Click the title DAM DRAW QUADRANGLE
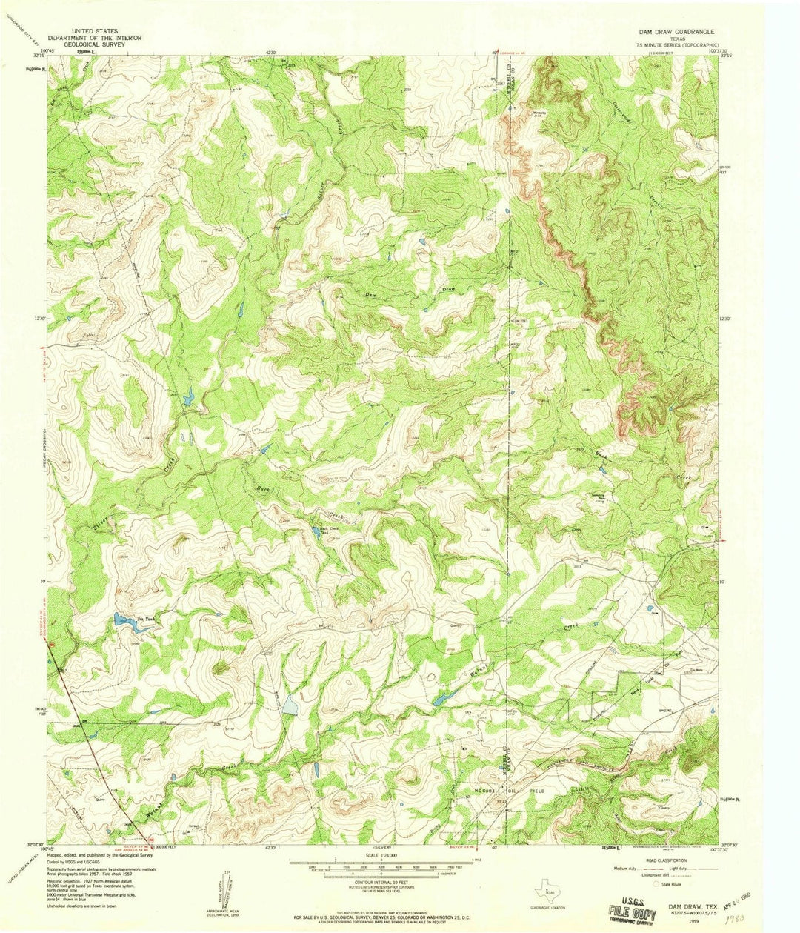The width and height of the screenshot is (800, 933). point(676,33)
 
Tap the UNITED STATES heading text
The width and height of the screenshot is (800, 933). point(86,33)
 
